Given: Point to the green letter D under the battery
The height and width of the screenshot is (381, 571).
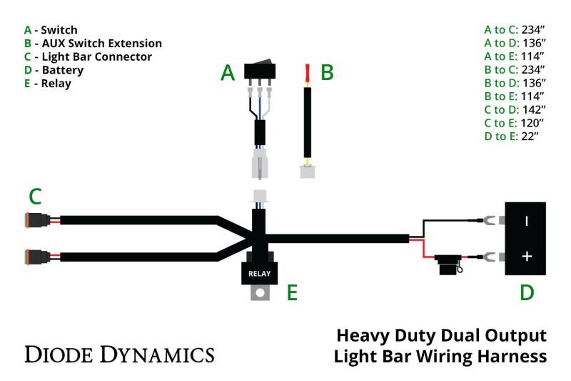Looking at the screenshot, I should point(526,292).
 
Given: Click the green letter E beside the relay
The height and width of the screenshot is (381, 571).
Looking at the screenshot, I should point(292,292).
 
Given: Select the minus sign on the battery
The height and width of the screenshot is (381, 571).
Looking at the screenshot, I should point(527,221).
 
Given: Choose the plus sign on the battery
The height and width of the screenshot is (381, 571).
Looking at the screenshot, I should point(527,256).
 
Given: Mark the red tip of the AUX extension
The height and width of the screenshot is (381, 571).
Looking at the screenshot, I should point(308,73).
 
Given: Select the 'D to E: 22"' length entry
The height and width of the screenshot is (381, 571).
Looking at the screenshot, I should point(514,136).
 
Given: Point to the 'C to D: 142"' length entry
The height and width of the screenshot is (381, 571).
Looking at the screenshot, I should point(514,109).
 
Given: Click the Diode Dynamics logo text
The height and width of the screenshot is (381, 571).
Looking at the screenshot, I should point(119,353).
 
